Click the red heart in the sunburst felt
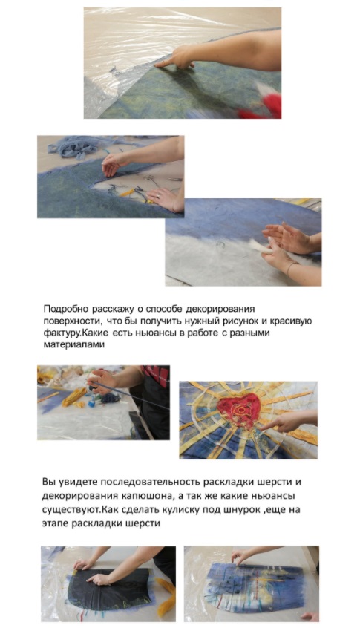click(239, 410)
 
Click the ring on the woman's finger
click(159, 195)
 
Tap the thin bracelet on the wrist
click(289, 267)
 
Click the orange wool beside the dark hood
click(166, 597)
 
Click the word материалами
click(73, 344)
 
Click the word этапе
click(55, 523)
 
